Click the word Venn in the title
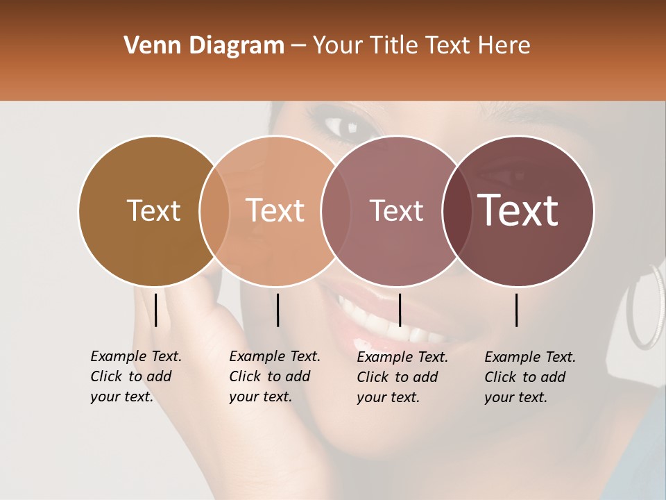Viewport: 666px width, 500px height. click(x=147, y=46)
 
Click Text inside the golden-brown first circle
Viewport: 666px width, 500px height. click(x=153, y=210)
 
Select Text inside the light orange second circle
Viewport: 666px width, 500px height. click(x=275, y=210)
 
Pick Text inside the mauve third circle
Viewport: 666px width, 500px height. click(x=396, y=210)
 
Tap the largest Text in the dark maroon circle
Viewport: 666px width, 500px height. click(x=518, y=210)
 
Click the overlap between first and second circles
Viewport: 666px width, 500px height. click(x=214, y=211)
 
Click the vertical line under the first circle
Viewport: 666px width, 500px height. click(x=156, y=310)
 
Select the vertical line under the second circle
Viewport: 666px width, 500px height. click(x=277, y=310)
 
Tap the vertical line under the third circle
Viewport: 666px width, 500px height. click(x=400, y=310)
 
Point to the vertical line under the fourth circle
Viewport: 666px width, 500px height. click(x=517, y=310)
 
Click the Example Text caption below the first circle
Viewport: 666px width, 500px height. click(x=135, y=376)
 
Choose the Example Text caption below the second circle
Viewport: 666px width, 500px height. click(x=274, y=376)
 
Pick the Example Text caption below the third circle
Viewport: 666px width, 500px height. click(x=402, y=377)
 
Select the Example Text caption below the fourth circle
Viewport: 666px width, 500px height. click(x=529, y=377)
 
